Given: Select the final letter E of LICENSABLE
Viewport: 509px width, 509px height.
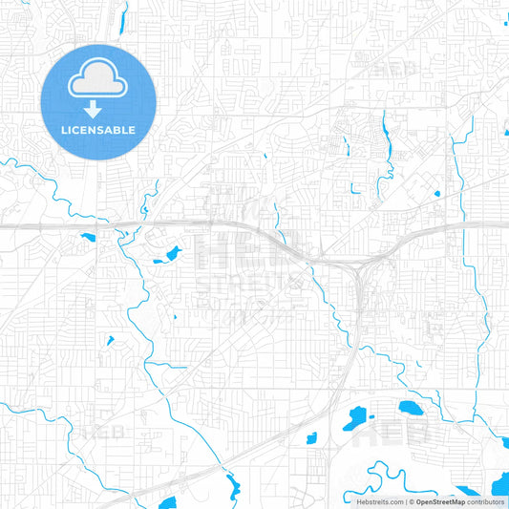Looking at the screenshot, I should (132, 130).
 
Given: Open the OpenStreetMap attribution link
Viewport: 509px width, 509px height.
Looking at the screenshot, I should (440, 501).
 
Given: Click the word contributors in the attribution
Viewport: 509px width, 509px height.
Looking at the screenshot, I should (486, 501).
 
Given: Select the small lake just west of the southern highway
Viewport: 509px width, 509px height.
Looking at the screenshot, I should (310, 438).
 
